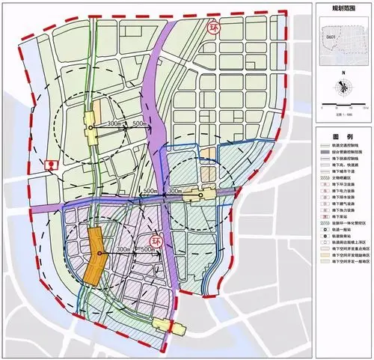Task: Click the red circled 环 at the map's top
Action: pyautogui.click(x=213, y=28)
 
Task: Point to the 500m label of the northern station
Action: pyautogui.click(x=138, y=123)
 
